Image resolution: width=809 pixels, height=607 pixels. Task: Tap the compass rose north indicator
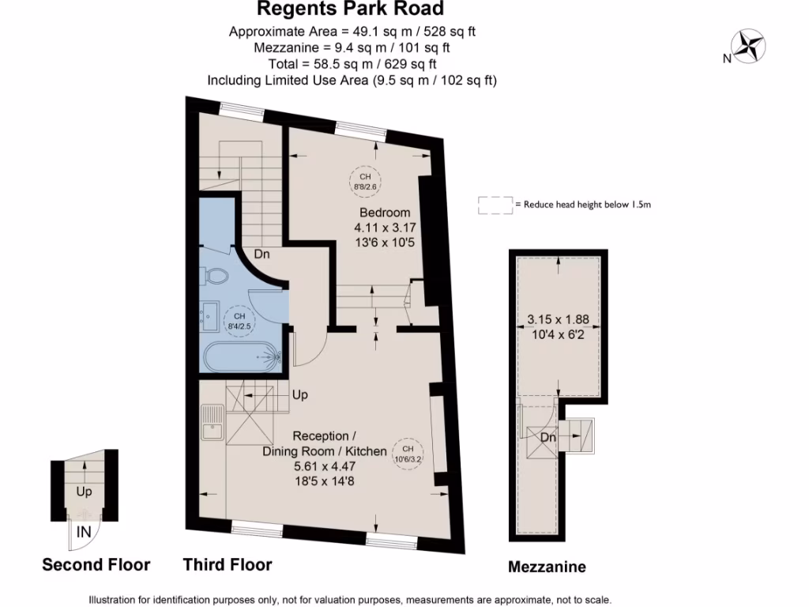[747, 46]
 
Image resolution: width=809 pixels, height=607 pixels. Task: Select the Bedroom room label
[385, 212]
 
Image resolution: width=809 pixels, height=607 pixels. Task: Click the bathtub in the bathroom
[241, 358]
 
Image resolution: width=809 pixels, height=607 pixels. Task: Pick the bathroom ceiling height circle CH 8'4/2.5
[240, 321]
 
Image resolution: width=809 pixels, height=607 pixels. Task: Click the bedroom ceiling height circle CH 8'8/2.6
[365, 181]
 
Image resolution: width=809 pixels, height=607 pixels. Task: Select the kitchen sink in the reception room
[213, 424]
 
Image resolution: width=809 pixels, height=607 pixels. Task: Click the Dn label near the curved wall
[263, 254]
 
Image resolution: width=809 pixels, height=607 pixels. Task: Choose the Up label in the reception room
[300, 394]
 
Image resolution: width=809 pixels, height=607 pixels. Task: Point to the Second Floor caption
[96, 564]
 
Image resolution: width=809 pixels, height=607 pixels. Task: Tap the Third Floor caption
[228, 564]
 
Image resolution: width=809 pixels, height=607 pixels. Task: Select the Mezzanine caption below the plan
[547, 567]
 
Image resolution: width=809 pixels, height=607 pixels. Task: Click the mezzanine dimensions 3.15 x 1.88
[559, 320]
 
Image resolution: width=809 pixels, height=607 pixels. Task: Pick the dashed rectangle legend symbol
[495, 205]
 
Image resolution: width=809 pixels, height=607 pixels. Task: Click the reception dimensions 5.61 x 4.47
[324, 466]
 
